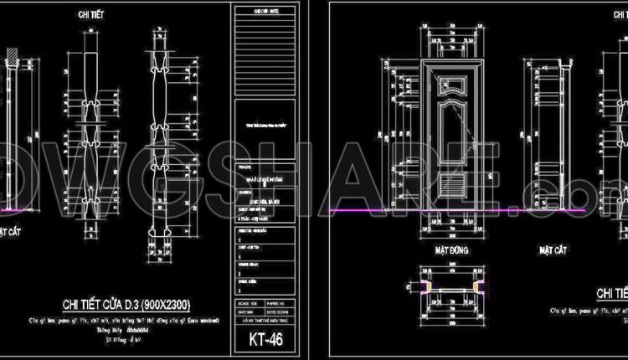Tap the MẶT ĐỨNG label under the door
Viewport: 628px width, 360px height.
pos(450,249)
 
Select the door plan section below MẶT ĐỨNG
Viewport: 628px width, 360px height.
pos(450,288)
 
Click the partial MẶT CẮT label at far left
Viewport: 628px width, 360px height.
pos(10,228)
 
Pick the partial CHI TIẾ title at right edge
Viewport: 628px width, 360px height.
pos(612,293)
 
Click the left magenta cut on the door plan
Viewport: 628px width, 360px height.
pos(425,288)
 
